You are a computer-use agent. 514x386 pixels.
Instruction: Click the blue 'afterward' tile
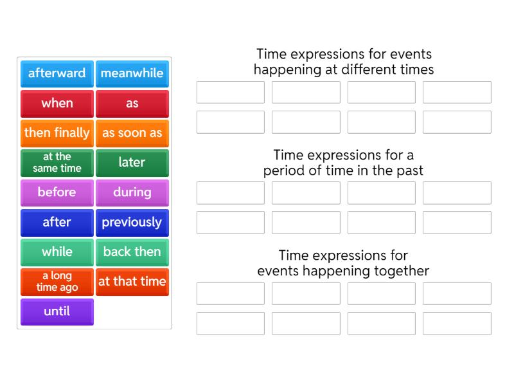(x=57, y=73)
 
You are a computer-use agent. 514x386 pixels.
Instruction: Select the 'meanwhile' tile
(x=132, y=73)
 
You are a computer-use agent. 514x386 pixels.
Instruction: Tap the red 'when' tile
(x=57, y=103)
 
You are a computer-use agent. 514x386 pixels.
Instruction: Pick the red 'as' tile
(x=132, y=103)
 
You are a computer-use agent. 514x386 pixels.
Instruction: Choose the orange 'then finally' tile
(x=57, y=133)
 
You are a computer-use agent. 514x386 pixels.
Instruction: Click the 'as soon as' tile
(x=132, y=133)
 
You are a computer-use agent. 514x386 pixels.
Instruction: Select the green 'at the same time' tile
(x=57, y=163)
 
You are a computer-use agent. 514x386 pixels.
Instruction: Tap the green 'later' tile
(x=132, y=163)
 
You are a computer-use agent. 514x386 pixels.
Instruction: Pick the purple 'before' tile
(x=57, y=192)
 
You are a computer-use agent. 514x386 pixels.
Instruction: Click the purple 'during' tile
(x=132, y=192)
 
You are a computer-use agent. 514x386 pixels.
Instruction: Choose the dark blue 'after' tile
(x=57, y=222)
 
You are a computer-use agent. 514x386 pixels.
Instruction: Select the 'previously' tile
(x=132, y=222)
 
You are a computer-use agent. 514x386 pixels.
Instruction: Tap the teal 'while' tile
(x=57, y=252)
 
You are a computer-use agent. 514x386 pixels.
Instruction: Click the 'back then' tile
(x=132, y=252)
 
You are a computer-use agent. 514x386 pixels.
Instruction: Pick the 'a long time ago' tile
(x=57, y=282)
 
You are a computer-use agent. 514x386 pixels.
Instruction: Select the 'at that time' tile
(x=132, y=282)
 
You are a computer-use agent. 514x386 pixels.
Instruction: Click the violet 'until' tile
(x=57, y=311)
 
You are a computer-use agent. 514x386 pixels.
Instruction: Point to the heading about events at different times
(x=344, y=62)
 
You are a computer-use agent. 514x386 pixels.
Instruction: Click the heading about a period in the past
(x=344, y=163)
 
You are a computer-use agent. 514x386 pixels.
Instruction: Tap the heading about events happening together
(x=344, y=263)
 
